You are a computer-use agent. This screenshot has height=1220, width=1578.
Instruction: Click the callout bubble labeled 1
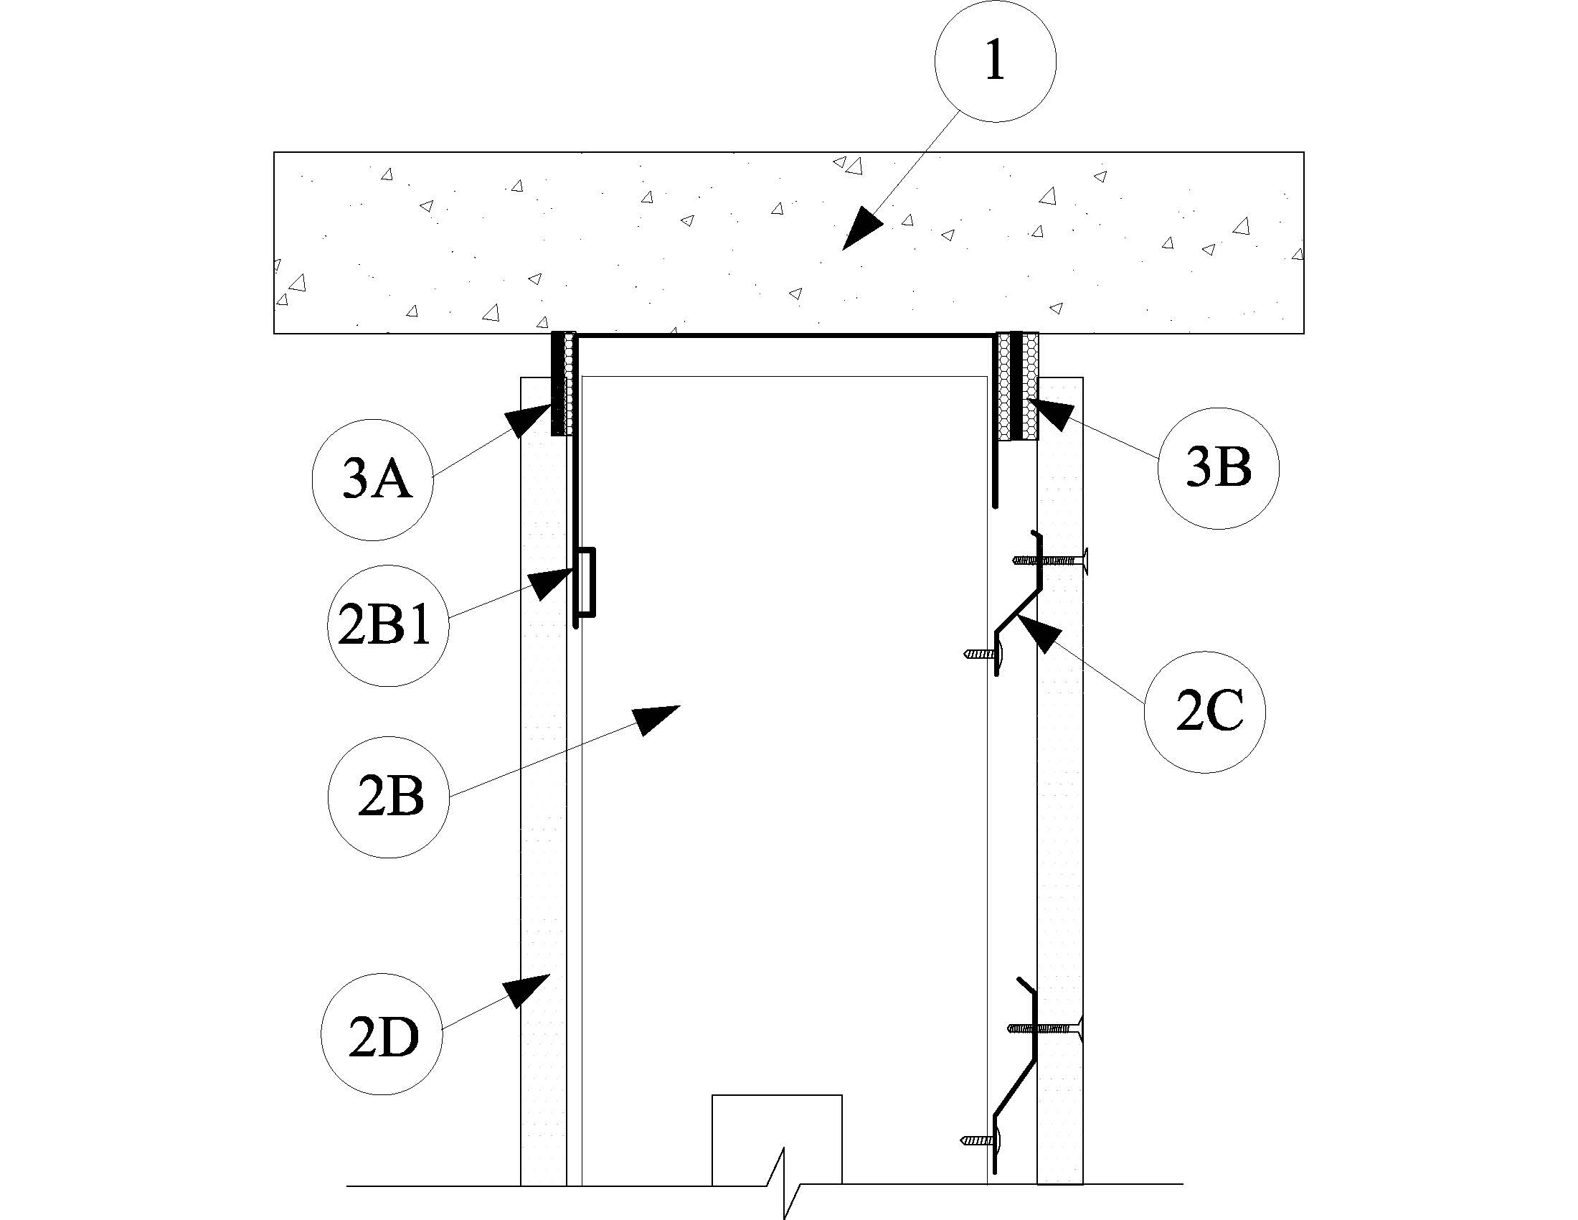tap(995, 61)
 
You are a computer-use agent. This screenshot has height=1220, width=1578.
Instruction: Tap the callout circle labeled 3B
tap(1218, 469)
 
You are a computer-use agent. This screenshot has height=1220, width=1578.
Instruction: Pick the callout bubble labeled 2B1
tap(388, 625)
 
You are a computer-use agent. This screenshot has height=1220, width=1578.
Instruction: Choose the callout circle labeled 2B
tap(389, 797)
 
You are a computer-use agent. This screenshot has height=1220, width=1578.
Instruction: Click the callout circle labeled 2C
tap(1205, 712)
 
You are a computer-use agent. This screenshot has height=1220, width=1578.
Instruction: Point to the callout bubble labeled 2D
tap(382, 1034)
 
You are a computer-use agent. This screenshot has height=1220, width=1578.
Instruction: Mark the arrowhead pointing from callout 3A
tap(527, 419)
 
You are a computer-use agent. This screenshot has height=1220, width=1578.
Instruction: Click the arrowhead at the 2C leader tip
tap(1037, 633)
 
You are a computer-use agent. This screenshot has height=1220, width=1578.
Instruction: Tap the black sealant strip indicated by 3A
tap(559, 383)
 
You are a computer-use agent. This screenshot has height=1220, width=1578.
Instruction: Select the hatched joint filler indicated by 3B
tap(1003, 386)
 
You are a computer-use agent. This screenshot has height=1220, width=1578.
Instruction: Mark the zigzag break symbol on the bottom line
tap(783, 1183)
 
